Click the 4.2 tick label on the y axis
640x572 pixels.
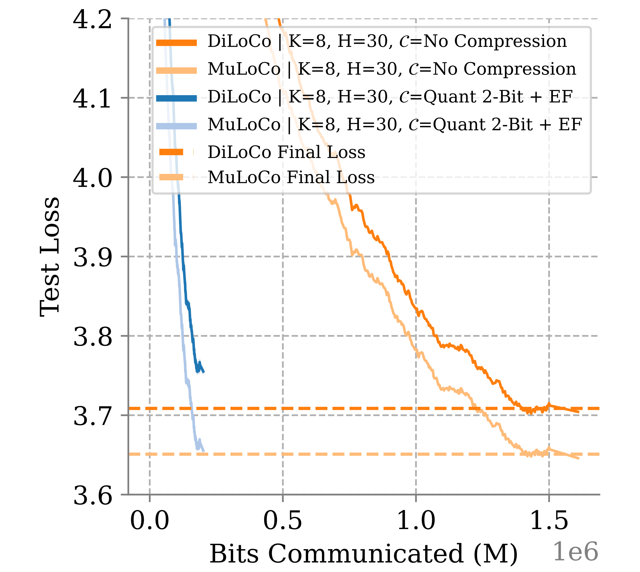tap(92, 20)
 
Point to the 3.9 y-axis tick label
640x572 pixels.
tap(92, 257)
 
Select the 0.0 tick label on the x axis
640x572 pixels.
tap(150, 521)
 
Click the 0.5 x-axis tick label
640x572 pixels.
tap(283, 521)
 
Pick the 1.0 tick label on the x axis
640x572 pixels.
tap(416, 521)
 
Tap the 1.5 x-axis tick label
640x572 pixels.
tap(549, 521)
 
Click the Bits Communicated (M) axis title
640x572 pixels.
tap(363, 554)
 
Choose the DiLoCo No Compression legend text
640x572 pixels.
tap(387, 41)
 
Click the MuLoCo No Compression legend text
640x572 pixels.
tap(392, 69)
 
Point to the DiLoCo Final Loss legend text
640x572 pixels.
tap(286, 152)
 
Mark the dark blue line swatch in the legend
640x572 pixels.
tap(176, 98)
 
